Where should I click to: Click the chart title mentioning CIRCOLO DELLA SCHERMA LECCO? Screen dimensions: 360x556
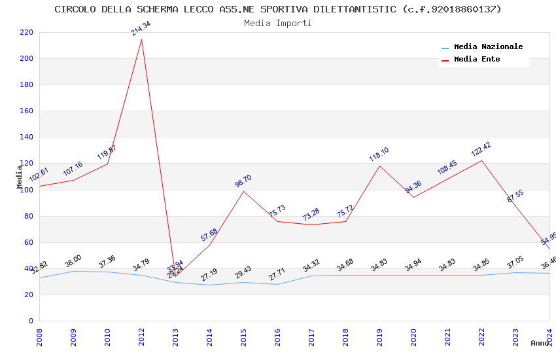[278, 9]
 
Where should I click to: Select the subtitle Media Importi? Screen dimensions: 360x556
[278, 23]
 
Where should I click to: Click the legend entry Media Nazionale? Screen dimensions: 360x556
[488, 47]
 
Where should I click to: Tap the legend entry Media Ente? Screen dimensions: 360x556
[477, 60]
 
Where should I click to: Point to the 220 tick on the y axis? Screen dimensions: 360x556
[26, 32]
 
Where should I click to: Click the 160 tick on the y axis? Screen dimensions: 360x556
[26, 111]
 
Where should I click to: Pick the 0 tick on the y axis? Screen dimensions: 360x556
[30, 321]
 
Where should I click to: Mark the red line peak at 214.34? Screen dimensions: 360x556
[141, 39]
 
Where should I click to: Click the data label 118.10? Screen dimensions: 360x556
[379, 154]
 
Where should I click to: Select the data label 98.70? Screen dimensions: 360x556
[243, 181]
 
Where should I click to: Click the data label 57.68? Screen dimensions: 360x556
[209, 235]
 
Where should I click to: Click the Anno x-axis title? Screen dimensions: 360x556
[540, 343]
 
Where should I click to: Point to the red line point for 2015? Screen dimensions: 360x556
[243, 191]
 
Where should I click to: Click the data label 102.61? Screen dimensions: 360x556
[39, 176]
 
